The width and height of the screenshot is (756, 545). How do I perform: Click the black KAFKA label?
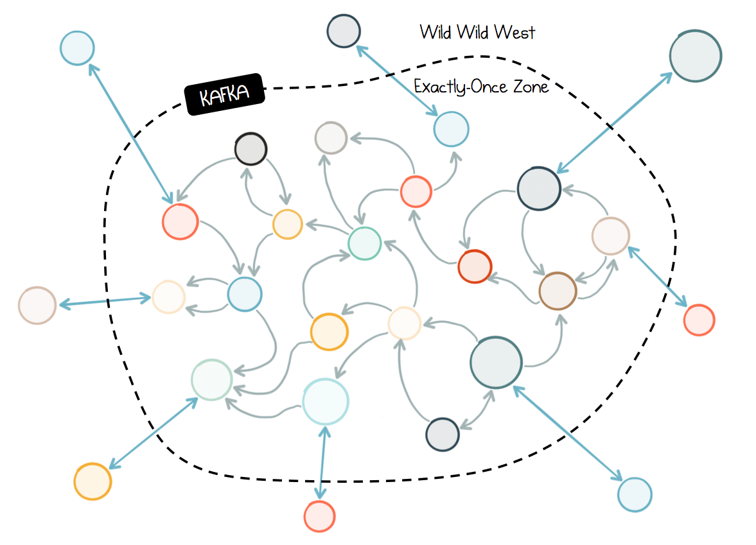[225, 94]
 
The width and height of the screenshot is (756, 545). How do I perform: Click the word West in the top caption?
[514, 32]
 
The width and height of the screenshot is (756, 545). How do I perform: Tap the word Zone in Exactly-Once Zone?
[531, 87]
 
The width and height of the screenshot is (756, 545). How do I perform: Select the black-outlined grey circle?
[251, 149]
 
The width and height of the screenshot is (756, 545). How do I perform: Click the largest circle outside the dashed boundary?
[695, 56]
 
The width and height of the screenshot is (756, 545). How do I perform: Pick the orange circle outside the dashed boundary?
[92, 481]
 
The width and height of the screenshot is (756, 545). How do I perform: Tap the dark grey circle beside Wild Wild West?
[343, 31]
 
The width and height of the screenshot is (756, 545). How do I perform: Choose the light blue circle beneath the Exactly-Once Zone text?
[452, 129]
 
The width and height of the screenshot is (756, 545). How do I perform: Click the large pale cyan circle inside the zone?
[326, 402]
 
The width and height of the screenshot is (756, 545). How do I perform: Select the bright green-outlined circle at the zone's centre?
[364, 243]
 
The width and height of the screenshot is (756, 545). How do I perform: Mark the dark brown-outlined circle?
[558, 291]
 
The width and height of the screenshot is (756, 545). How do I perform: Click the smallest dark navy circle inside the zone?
[442, 434]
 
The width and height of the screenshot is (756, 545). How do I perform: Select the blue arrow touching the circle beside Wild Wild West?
[397, 80]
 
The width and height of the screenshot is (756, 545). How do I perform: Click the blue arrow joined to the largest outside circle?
[614, 123]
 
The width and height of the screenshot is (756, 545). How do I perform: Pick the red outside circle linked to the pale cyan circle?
[319, 516]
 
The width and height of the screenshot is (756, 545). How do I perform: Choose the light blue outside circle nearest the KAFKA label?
[77, 48]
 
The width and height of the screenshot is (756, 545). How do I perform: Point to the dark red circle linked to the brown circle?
[475, 266]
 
